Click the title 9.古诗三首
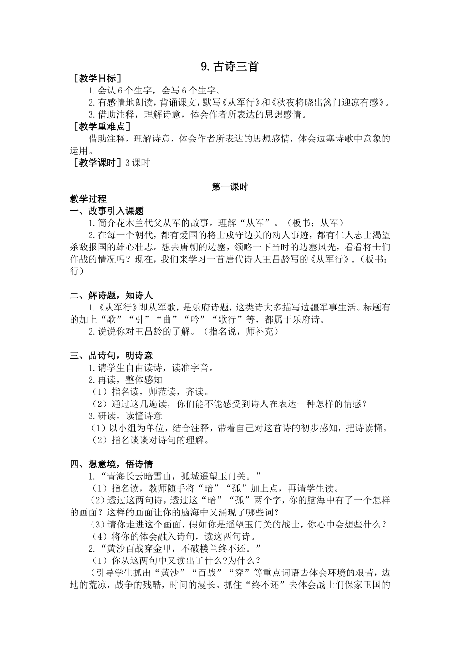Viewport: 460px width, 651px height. click(230, 66)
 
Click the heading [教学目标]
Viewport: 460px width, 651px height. click(95, 78)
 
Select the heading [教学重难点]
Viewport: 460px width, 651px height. click(101, 127)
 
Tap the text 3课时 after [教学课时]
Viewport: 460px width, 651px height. click(137, 163)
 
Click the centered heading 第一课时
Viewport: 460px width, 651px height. click(230, 187)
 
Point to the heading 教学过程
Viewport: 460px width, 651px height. click(88, 199)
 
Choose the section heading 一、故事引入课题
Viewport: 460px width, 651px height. click(107, 211)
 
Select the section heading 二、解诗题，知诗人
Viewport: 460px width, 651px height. click(111, 295)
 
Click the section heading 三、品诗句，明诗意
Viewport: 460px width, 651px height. click(111, 356)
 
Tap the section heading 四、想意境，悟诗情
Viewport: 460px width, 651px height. click(111, 464)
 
